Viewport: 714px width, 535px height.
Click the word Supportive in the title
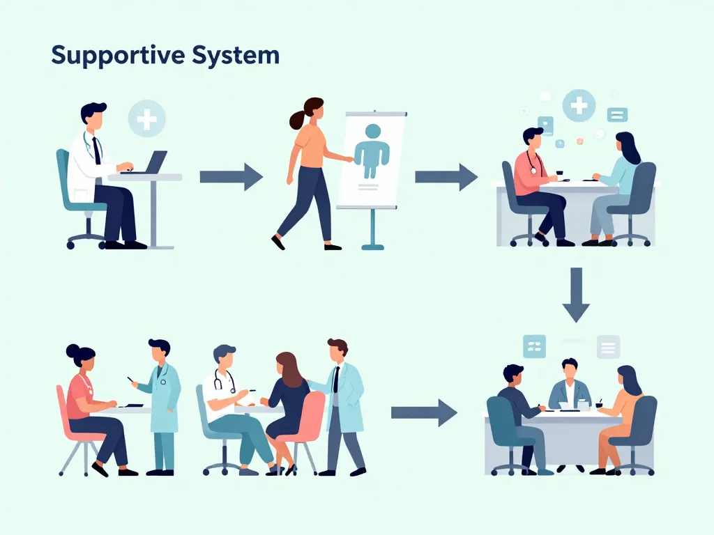pos(112,56)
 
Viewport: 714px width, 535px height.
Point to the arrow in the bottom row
pos(424,412)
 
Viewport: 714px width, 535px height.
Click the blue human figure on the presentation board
pos(372,150)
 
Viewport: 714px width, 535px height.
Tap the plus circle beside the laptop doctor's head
pos(147,118)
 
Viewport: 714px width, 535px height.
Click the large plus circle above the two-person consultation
pos(579,106)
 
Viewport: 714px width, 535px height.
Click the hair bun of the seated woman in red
pos(73,351)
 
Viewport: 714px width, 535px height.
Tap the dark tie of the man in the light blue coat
pos(336,380)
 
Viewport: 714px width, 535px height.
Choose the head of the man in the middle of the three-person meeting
pos(570,369)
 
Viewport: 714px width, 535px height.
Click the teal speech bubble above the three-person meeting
pos(534,346)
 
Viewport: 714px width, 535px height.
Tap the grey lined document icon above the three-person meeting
pos(609,346)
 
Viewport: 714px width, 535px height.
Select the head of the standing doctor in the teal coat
pos(159,350)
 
